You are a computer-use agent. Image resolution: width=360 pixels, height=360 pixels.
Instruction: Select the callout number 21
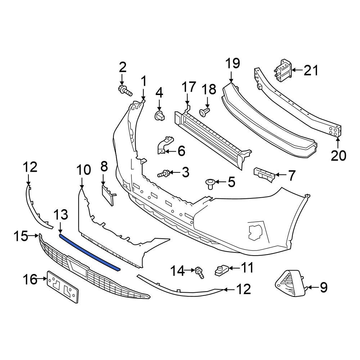point(311,71)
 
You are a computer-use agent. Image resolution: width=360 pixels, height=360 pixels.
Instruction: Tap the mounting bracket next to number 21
point(283,69)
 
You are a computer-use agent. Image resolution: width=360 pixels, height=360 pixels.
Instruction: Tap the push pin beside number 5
point(210,184)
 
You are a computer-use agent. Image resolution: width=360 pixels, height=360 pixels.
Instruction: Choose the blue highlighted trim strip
point(90,251)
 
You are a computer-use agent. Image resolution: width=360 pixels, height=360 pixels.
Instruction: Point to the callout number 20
point(338,156)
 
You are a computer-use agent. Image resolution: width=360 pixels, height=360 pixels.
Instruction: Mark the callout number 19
point(232,64)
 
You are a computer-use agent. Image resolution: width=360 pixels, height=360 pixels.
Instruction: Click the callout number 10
point(84,170)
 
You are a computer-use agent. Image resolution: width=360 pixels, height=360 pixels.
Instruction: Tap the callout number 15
point(21,236)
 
